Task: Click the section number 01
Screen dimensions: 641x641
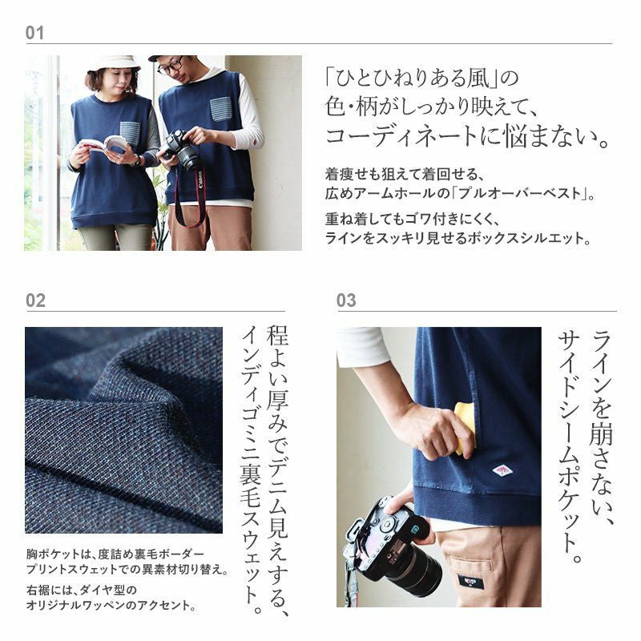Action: (34, 33)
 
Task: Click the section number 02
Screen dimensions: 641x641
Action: (35, 300)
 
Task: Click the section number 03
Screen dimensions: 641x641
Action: (346, 300)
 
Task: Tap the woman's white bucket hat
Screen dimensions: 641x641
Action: (113, 63)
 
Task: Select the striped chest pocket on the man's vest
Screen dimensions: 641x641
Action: (221, 109)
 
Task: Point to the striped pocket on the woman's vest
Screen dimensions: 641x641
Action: (131, 133)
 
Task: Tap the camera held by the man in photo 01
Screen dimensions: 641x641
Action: (182, 150)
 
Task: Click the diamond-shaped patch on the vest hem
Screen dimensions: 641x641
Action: (502, 470)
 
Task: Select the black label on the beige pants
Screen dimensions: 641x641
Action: (471, 582)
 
